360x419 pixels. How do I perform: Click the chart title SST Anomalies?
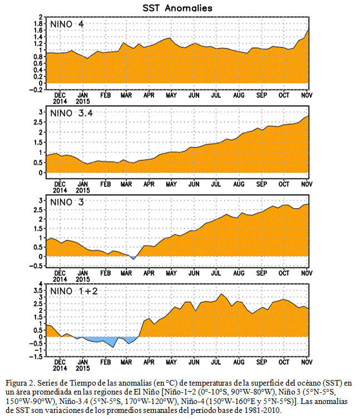click(x=177, y=8)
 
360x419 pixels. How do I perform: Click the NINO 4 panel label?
click(x=67, y=24)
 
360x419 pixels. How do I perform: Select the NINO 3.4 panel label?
click(x=72, y=114)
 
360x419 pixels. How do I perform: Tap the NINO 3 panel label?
click(x=67, y=203)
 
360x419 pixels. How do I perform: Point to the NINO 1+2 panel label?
click(x=74, y=291)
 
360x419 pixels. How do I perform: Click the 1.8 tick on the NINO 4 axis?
click(x=38, y=23)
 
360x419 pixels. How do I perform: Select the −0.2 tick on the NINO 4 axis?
click(x=36, y=90)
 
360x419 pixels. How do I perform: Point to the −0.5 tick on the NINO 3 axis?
click(x=36, y=266)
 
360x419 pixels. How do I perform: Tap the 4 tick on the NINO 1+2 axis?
click(x=41, y=284)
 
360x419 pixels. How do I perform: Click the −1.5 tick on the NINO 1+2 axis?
click(x=36, y=357)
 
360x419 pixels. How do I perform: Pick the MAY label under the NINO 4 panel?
click(x=171, y=95)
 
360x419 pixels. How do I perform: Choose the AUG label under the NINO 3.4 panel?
click(x=239, y=184)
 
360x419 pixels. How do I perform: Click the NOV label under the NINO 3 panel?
click(x=307, y=273)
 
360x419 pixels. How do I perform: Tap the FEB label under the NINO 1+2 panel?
click(x=106, y=362)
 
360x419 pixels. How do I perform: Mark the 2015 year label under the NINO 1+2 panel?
click(x=83, y=368)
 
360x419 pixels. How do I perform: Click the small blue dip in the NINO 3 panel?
click(x=133, y=257)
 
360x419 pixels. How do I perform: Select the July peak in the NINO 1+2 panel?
click(x=221, y=294)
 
